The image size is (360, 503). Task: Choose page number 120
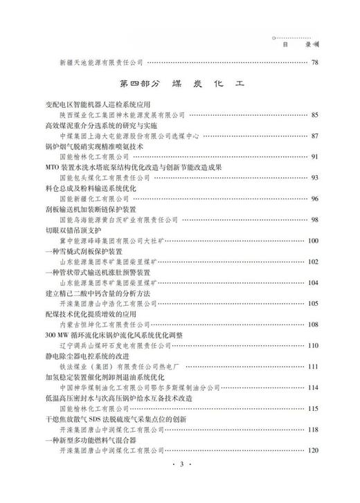click(312, 450)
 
